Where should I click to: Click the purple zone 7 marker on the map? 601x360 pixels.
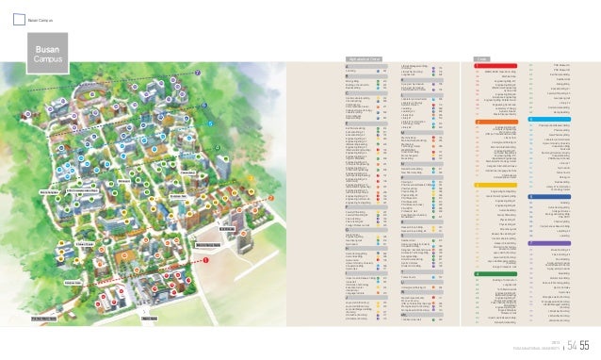197,74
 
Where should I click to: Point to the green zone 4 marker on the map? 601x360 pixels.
218,148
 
